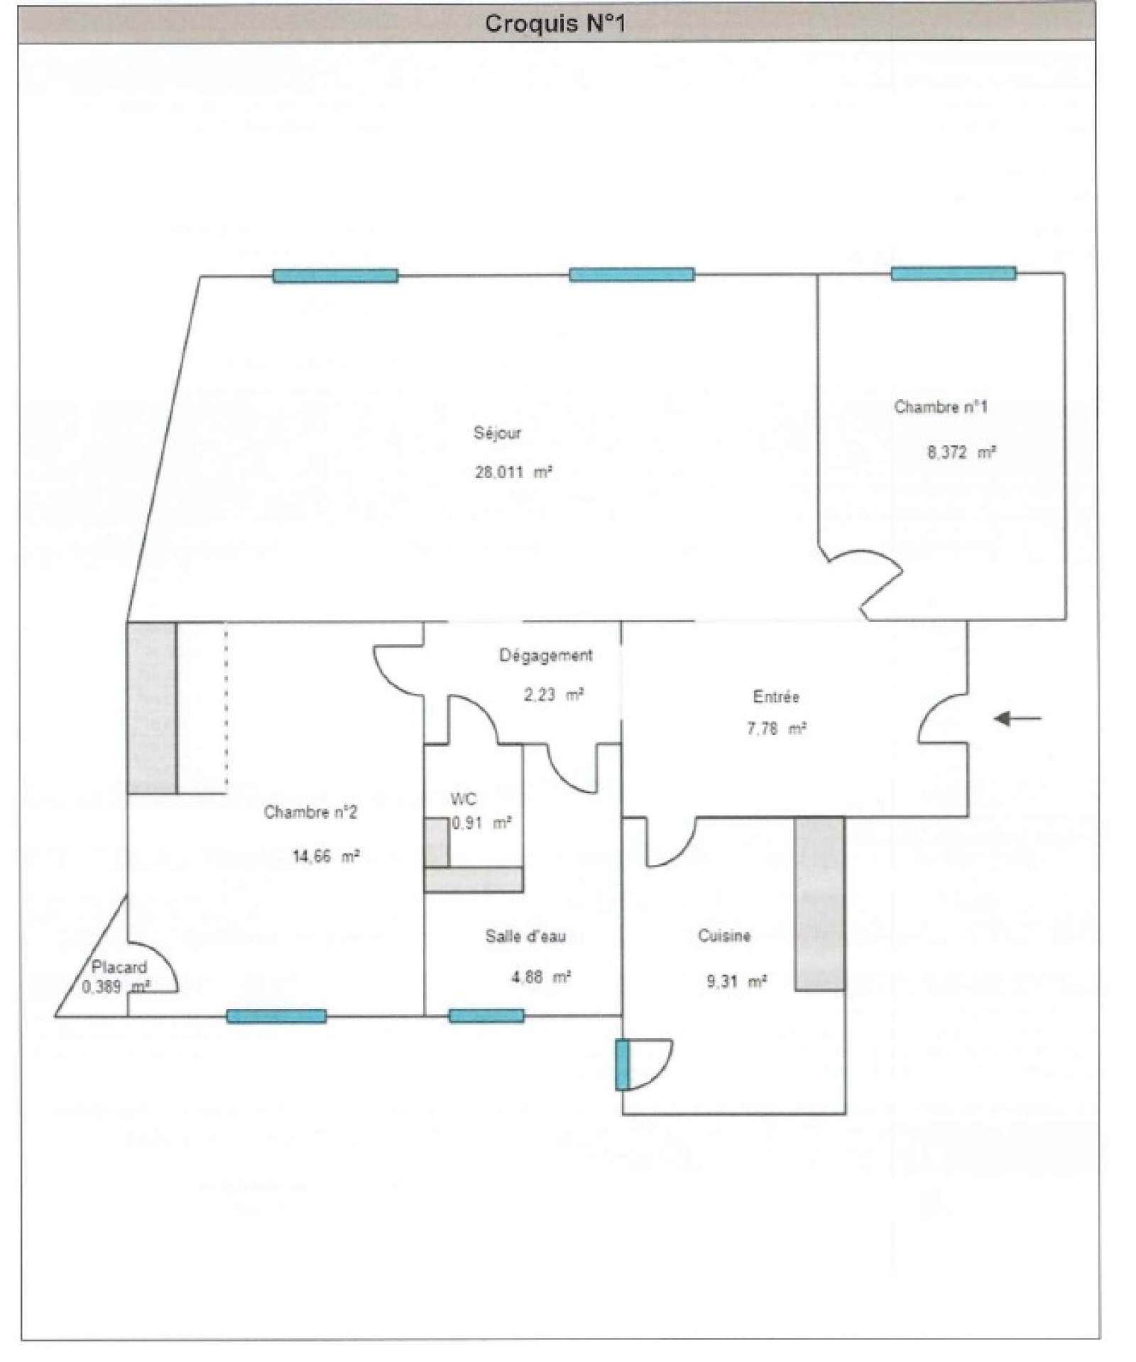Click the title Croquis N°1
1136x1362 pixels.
pos(555,24)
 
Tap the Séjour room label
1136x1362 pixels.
pos(497,433)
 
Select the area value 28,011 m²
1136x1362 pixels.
pos(513,472)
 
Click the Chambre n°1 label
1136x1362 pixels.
pos(940,407)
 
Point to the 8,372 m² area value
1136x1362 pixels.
pos(961,452)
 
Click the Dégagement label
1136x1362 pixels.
pos(545,655)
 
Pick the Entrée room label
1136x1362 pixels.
pos(776,697)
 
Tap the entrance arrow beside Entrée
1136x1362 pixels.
pos(1017,719)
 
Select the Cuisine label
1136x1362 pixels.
pos(724,936)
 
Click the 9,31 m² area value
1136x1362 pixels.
pos(736,982)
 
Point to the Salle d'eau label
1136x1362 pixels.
pos(525,937)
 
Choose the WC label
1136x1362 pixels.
pos(463,800)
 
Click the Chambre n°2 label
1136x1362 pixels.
pos(310,812)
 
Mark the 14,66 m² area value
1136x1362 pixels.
pos(326,856)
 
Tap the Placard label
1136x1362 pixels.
pos(119,967)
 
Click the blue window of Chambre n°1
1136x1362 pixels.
pos(954,273)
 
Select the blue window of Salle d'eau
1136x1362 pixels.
pos(486,1016)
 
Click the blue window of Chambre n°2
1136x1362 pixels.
pos(276,1016)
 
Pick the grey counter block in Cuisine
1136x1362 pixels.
pos(819,904)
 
